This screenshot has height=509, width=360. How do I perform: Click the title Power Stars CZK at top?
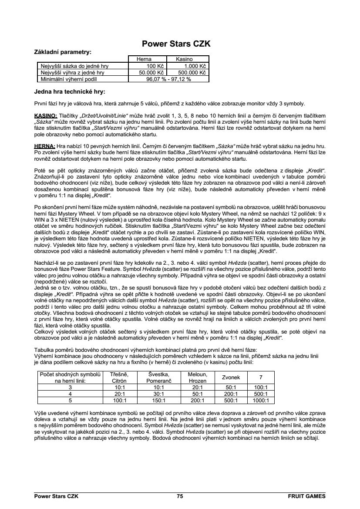(x=176, y=44)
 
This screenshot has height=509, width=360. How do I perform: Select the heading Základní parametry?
(x=63, y=52)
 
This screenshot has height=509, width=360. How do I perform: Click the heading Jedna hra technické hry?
(x=70, y=92)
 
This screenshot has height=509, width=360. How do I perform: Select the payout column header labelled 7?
(x=261, y=377)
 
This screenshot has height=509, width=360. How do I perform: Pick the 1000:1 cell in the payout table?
(x=261, y=400)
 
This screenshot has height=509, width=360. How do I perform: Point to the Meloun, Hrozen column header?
(x=197, y=377)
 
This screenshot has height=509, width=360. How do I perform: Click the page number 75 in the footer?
(x=180, y=496)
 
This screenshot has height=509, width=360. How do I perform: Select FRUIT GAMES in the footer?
(x=306, y=496)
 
